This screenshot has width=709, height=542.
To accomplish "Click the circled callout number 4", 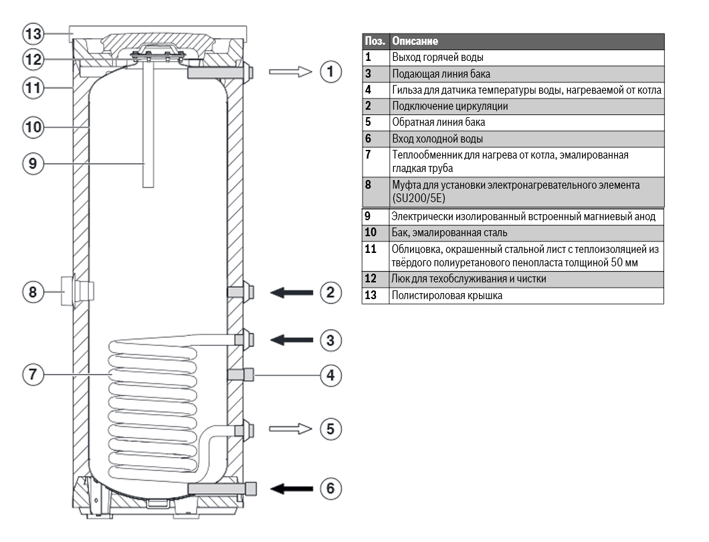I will (330, 375).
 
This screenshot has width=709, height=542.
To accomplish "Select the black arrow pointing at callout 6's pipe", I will (292, 488).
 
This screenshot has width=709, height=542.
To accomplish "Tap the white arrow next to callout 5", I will (292, 428).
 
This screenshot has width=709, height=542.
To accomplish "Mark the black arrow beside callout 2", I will (292, 292).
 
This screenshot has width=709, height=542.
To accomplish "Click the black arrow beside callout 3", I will (292, 340).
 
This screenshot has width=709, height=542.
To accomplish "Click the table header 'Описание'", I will (415, 41).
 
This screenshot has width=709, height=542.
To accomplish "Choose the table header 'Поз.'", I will (375, 41).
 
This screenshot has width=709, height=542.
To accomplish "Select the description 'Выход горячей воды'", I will (437, 58).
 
